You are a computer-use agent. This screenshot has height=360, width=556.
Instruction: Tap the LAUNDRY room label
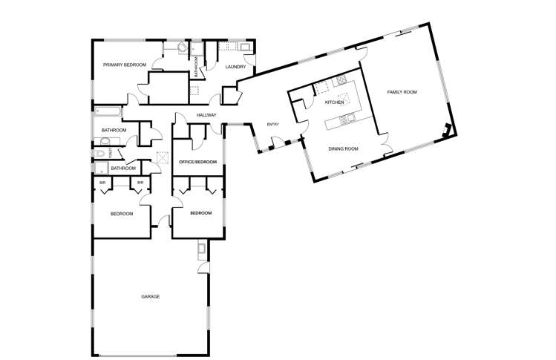(236, 67)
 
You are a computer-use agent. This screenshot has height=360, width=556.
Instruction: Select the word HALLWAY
(206, 115)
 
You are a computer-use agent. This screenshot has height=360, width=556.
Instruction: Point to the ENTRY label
(272, 124)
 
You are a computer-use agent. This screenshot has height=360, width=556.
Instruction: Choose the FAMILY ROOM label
(402, 92)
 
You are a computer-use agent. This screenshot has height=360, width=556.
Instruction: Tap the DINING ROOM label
(343, 148)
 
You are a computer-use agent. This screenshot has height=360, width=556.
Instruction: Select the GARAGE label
(151, 296)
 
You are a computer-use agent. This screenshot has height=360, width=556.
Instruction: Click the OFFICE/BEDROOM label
(198, 162)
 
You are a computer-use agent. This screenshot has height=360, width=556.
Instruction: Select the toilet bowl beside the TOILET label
(100, 154)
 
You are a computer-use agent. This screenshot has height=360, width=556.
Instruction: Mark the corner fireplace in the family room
(445, 130)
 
